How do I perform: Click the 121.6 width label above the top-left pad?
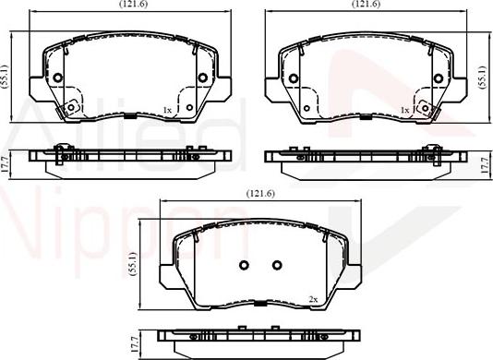(x=133, y=4)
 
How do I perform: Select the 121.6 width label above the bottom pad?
(x=260, y=194)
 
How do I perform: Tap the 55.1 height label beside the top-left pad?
(x=5, y=78)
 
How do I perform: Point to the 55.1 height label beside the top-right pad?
(x=483, y=78)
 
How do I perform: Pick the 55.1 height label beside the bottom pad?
(x=133, y=264)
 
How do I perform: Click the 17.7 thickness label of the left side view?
(x=4, y=165)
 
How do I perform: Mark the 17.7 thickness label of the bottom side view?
(x=135, y=344)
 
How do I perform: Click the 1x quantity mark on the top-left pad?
(x=167, y=110)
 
